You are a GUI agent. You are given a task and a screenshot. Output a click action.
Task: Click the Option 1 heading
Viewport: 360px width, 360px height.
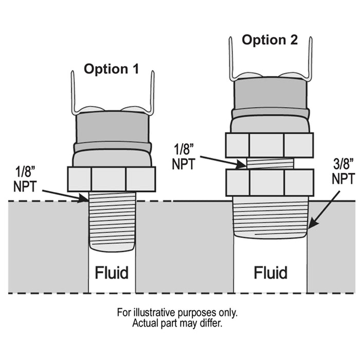pyautogui.click(x=111, y=69)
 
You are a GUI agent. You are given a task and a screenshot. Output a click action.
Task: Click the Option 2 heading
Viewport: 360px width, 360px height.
pyautogui.click(x=270, y=40)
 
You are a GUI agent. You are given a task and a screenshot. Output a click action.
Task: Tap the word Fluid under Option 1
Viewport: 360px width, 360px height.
pyautogui.click(x=111, y=272)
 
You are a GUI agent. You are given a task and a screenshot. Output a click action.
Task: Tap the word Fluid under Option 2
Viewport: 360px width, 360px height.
pyautogui.click(x=271, y=272)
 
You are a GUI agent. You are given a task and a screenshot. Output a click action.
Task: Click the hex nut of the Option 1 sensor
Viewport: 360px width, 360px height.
pyautogui.click(x=111, y=179)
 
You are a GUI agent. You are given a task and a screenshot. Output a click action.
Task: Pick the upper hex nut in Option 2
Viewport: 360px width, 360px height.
pyautogui.click(x=269, y=145)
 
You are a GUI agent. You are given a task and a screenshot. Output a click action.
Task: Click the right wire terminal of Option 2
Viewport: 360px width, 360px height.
pyautogui.click(x=311, y=57)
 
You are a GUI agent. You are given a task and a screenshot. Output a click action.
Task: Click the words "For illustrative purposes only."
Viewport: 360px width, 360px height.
pyautogui.click(x=177, y=313)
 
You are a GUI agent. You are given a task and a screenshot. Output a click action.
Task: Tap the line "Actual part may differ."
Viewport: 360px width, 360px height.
pyautogui.click(x=177, y=323)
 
